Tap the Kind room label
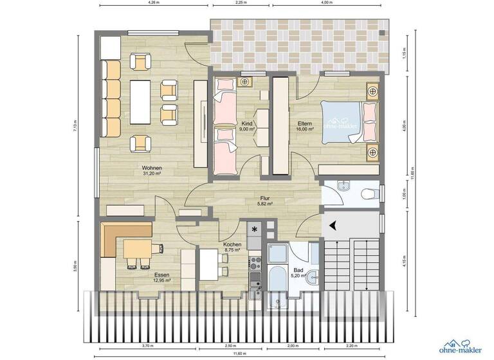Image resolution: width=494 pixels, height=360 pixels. pyautogui.click(x=246, y=123)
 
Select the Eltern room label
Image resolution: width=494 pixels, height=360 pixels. pyautogui.click(x=305, y=123)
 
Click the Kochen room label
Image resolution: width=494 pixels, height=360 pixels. pyautogui.click(x=232, y=245)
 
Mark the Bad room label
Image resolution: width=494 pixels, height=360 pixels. pyautogui.click(x=298, y=271)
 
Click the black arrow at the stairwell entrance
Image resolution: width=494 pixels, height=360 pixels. pyautogui.click(x=333, y=225)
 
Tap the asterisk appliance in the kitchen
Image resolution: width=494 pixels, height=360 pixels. pyautogui.click(x=255, y=230)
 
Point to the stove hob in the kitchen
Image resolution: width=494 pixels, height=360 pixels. pyautogui.click(x=254, y=262)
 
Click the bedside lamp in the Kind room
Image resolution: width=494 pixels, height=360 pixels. pyautogui.click(x=244, y=82)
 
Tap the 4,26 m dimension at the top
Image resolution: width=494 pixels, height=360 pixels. pyautogui.click(x=154, y=3)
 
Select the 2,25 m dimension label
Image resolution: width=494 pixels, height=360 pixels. pyautogui.click(x=243, y=3)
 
